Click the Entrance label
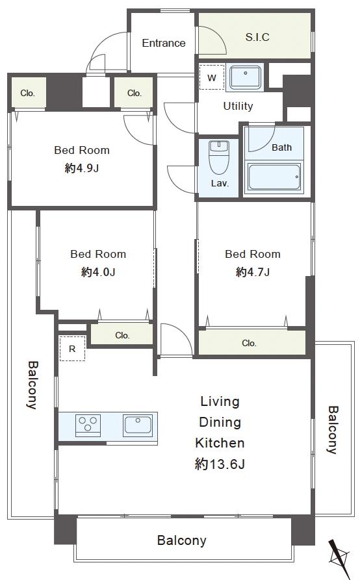pos(164,43)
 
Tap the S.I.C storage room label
pos(257,37)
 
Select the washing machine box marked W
pos(212,77)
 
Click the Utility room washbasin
pos(245,77)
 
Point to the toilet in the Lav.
pos(219,157)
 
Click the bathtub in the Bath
pos(274,177)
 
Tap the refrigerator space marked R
pos(73,348)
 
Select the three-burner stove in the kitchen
pos(88,423)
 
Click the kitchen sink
pos(138,424)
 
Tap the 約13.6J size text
pos(220,464)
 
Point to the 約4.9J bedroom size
pos(82,168)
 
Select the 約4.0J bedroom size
pos(98,272)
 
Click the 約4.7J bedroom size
pos(253,272)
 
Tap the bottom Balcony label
pos(182,540)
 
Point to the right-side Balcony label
pos(333,430)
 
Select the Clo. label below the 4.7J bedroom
pos(249,344)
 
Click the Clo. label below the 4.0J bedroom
pos(122,335)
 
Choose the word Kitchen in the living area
pos(220,443)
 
